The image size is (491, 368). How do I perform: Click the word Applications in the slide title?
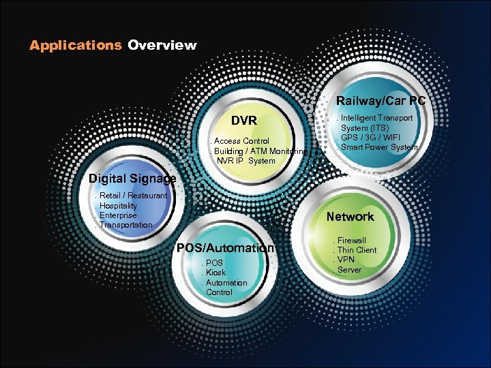(75, 46)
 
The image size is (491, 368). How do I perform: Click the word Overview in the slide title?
(162, 46)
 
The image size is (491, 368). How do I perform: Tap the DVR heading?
(243, 121)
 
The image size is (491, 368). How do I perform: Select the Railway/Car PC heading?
(381, 101)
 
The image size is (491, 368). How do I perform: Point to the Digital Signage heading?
(132, 179)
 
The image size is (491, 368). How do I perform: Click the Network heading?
(350, 217)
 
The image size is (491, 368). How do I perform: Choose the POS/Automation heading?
(225, 248)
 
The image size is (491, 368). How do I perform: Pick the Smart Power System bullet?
(379, 147)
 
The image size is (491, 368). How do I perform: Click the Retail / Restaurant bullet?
(133, 196)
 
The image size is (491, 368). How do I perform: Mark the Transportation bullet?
(126, 224)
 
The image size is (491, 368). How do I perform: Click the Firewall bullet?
(352, 241)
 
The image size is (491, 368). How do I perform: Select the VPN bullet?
(347, 260)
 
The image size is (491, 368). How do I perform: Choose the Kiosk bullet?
(215, 273)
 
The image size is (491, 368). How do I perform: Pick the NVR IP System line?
(246, 161)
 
